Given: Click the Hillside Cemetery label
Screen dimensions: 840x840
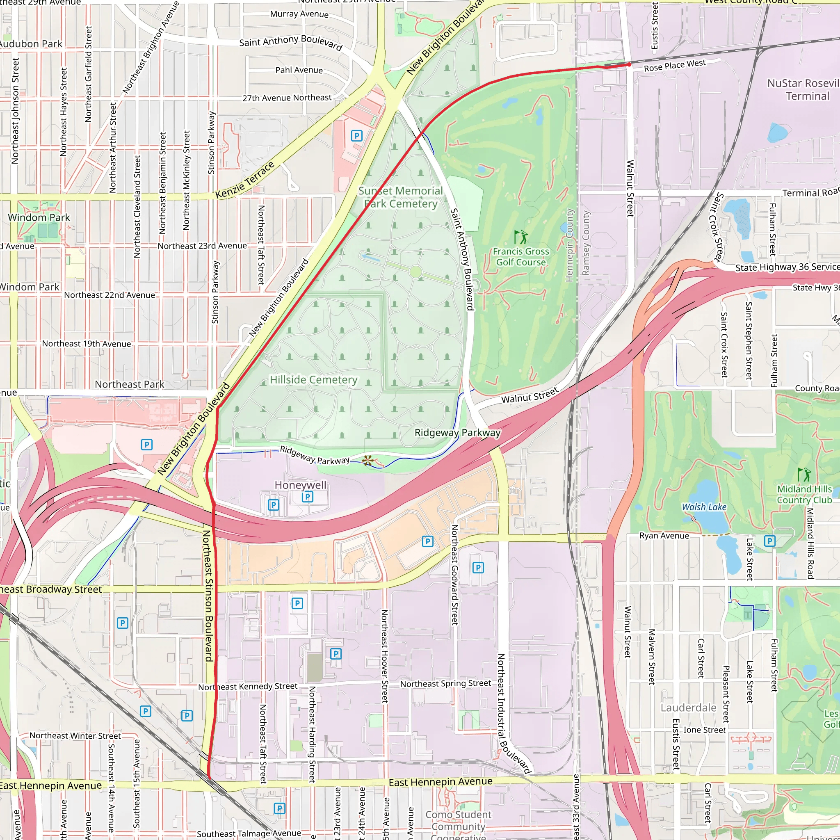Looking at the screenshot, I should pos(313,379).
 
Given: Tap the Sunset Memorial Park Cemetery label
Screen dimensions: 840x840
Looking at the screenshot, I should pos(400,197).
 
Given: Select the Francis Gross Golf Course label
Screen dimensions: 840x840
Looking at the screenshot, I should pos(521,256).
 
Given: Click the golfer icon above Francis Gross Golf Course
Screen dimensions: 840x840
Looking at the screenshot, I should pos(521,237).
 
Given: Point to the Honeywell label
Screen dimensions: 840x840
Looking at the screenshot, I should pos(300,485).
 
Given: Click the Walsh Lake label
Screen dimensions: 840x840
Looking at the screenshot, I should pos(704,507).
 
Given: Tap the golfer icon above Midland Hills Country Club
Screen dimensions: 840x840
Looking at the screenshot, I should pos(804,474).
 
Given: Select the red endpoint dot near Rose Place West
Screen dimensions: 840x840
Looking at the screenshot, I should pos(629,64).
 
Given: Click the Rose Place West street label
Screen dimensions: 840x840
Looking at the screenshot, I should pos(675,65).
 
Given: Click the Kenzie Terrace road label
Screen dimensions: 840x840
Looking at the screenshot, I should pos(245,180).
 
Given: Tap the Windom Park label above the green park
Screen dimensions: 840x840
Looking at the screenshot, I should pos(39,217).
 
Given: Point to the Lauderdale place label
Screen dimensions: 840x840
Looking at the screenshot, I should pos(688,708).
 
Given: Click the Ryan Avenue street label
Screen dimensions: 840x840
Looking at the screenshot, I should pos(664,536).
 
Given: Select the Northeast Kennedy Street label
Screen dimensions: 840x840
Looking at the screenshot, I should pos(248,687).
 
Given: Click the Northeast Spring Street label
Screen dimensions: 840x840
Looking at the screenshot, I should pos(445,683).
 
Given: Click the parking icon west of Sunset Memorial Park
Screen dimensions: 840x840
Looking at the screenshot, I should pos(356,136).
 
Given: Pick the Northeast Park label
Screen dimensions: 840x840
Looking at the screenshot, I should pos(130,384).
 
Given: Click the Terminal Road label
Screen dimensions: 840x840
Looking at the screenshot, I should pos(810,193).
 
